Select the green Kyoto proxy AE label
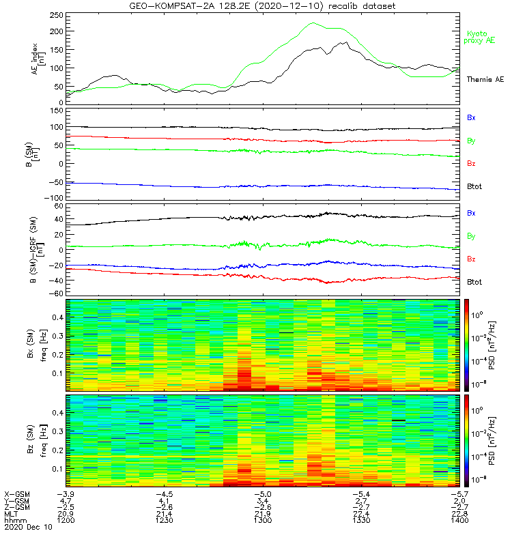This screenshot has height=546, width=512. pos(481,38)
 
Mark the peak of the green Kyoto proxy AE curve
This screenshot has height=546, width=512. pos(313,23)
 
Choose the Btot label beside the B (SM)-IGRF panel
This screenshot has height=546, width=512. pos(474,282)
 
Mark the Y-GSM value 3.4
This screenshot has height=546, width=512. pos(263,500)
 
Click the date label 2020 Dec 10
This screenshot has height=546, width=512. pos(27,528)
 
